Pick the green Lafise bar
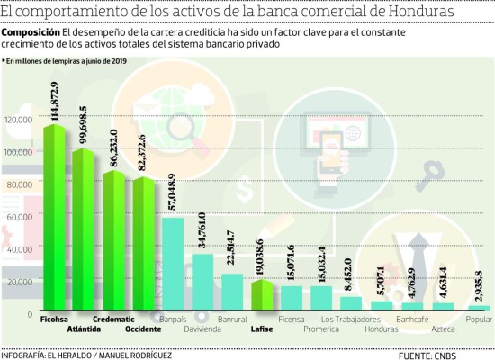[x=263, y=297]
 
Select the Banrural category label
[x=232, y=319]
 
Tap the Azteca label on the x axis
[x=442, y=328]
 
